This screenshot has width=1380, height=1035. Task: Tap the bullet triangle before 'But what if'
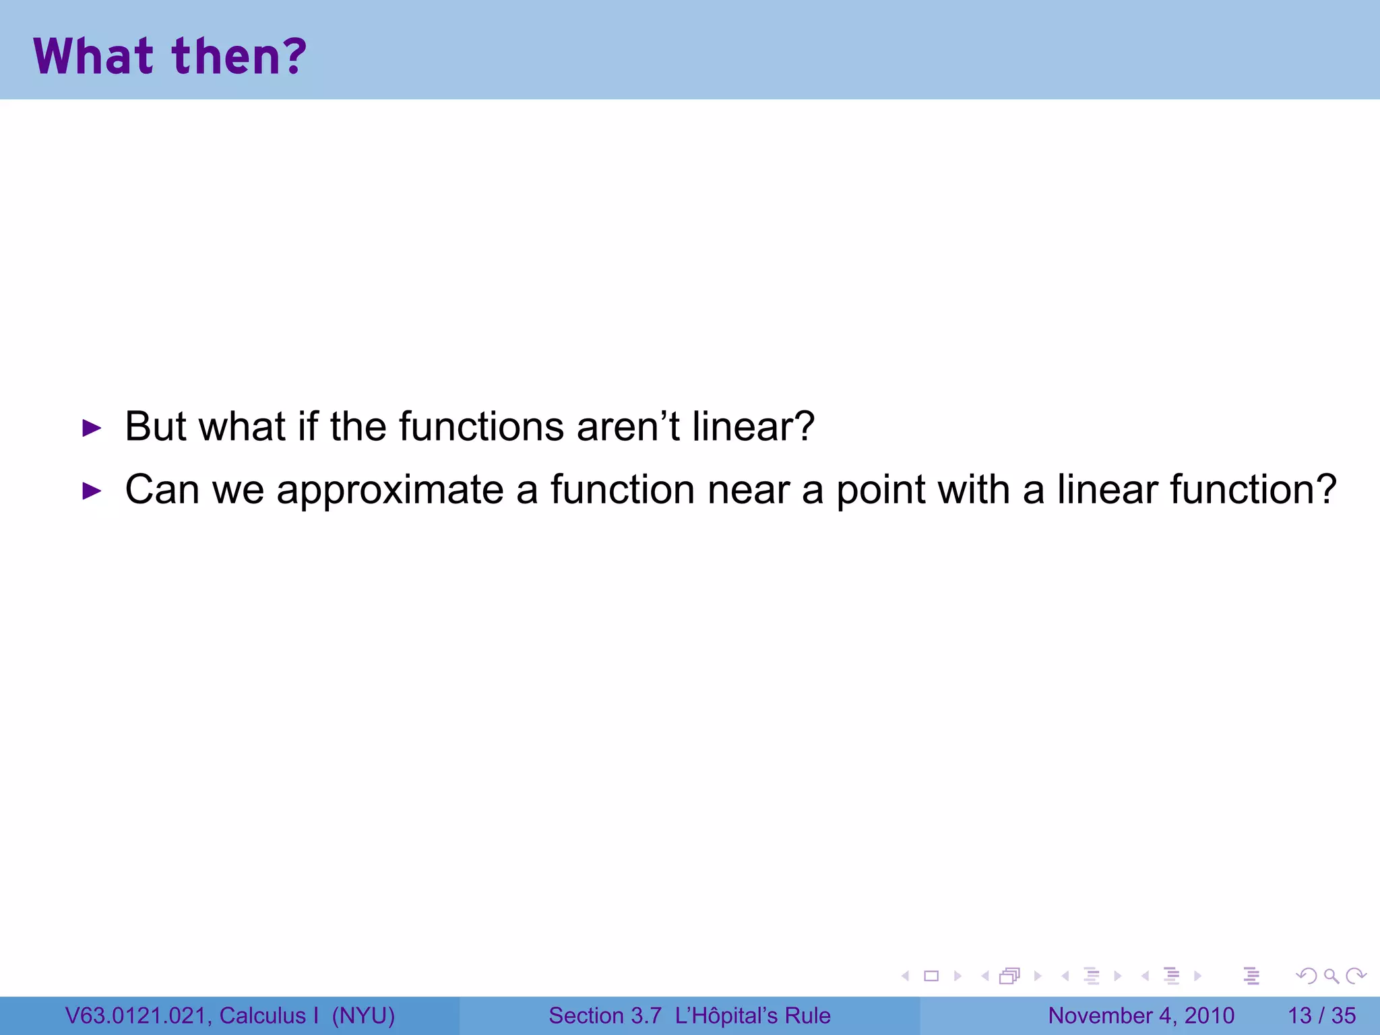[x=91, y=428]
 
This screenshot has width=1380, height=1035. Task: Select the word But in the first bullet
[x=155, y=427]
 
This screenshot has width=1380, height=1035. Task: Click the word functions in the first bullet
[x=481, y=427]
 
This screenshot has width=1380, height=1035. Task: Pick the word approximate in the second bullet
[x=389, y=491]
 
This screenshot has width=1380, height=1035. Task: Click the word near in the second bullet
[x=748, y=491]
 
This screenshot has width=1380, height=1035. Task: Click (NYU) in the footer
[x=363, y=1015]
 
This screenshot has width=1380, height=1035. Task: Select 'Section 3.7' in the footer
[x=604, y=1015]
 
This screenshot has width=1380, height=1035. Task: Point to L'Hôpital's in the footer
[x=735, y=1015]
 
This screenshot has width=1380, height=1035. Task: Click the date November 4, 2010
[x=1141, y=1015]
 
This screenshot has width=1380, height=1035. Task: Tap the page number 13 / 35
[x=1321, y=1015]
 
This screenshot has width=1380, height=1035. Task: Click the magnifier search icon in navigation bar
[x=1331, y=976]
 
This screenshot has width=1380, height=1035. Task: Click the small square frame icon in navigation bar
[x=931, y=976]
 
